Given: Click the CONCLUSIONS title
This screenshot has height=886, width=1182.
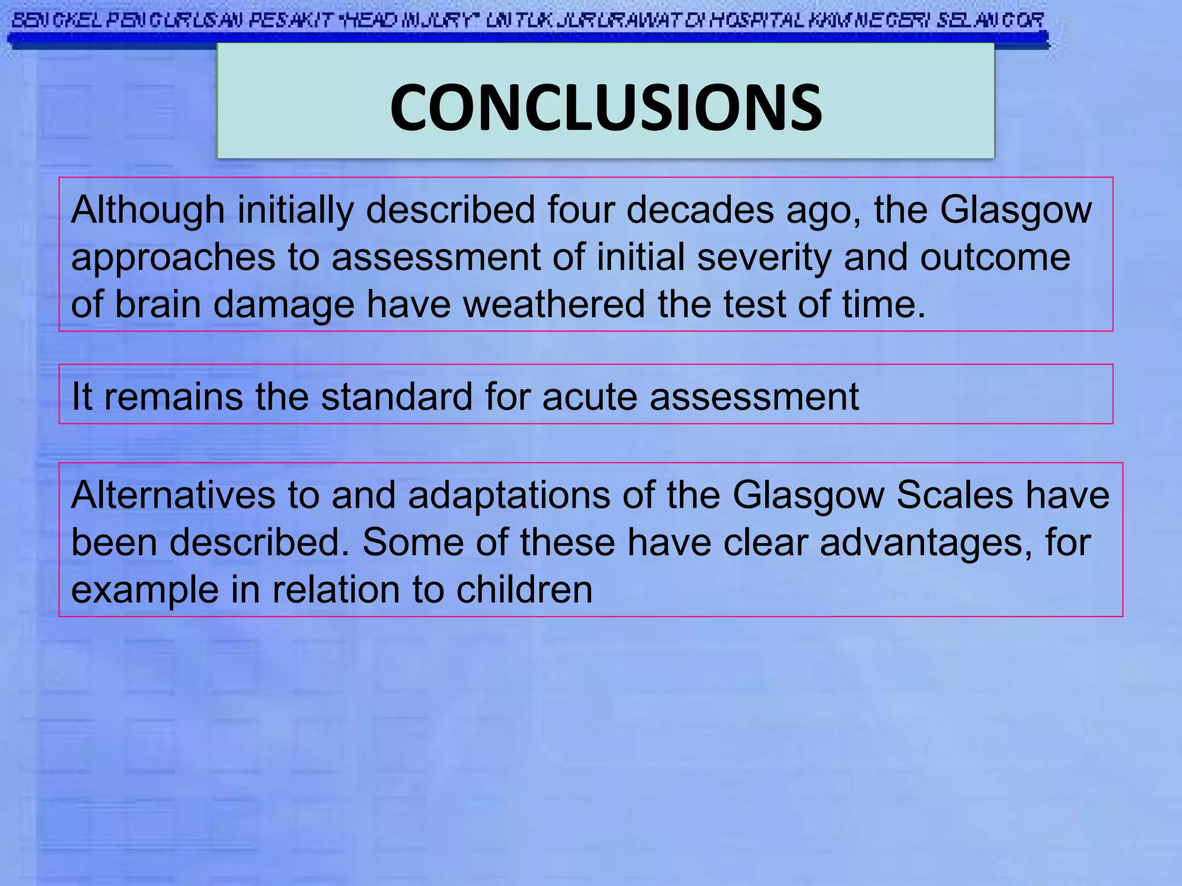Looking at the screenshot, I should pos(605,108).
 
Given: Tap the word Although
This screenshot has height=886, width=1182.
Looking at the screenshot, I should pos(147,210).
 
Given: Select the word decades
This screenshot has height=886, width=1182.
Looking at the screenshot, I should pos(700,210).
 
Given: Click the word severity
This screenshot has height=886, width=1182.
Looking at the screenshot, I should pos(764,257).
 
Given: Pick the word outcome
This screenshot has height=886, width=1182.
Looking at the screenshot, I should pos(995,257).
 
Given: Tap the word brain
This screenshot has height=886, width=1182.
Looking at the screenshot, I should pos(158,305).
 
